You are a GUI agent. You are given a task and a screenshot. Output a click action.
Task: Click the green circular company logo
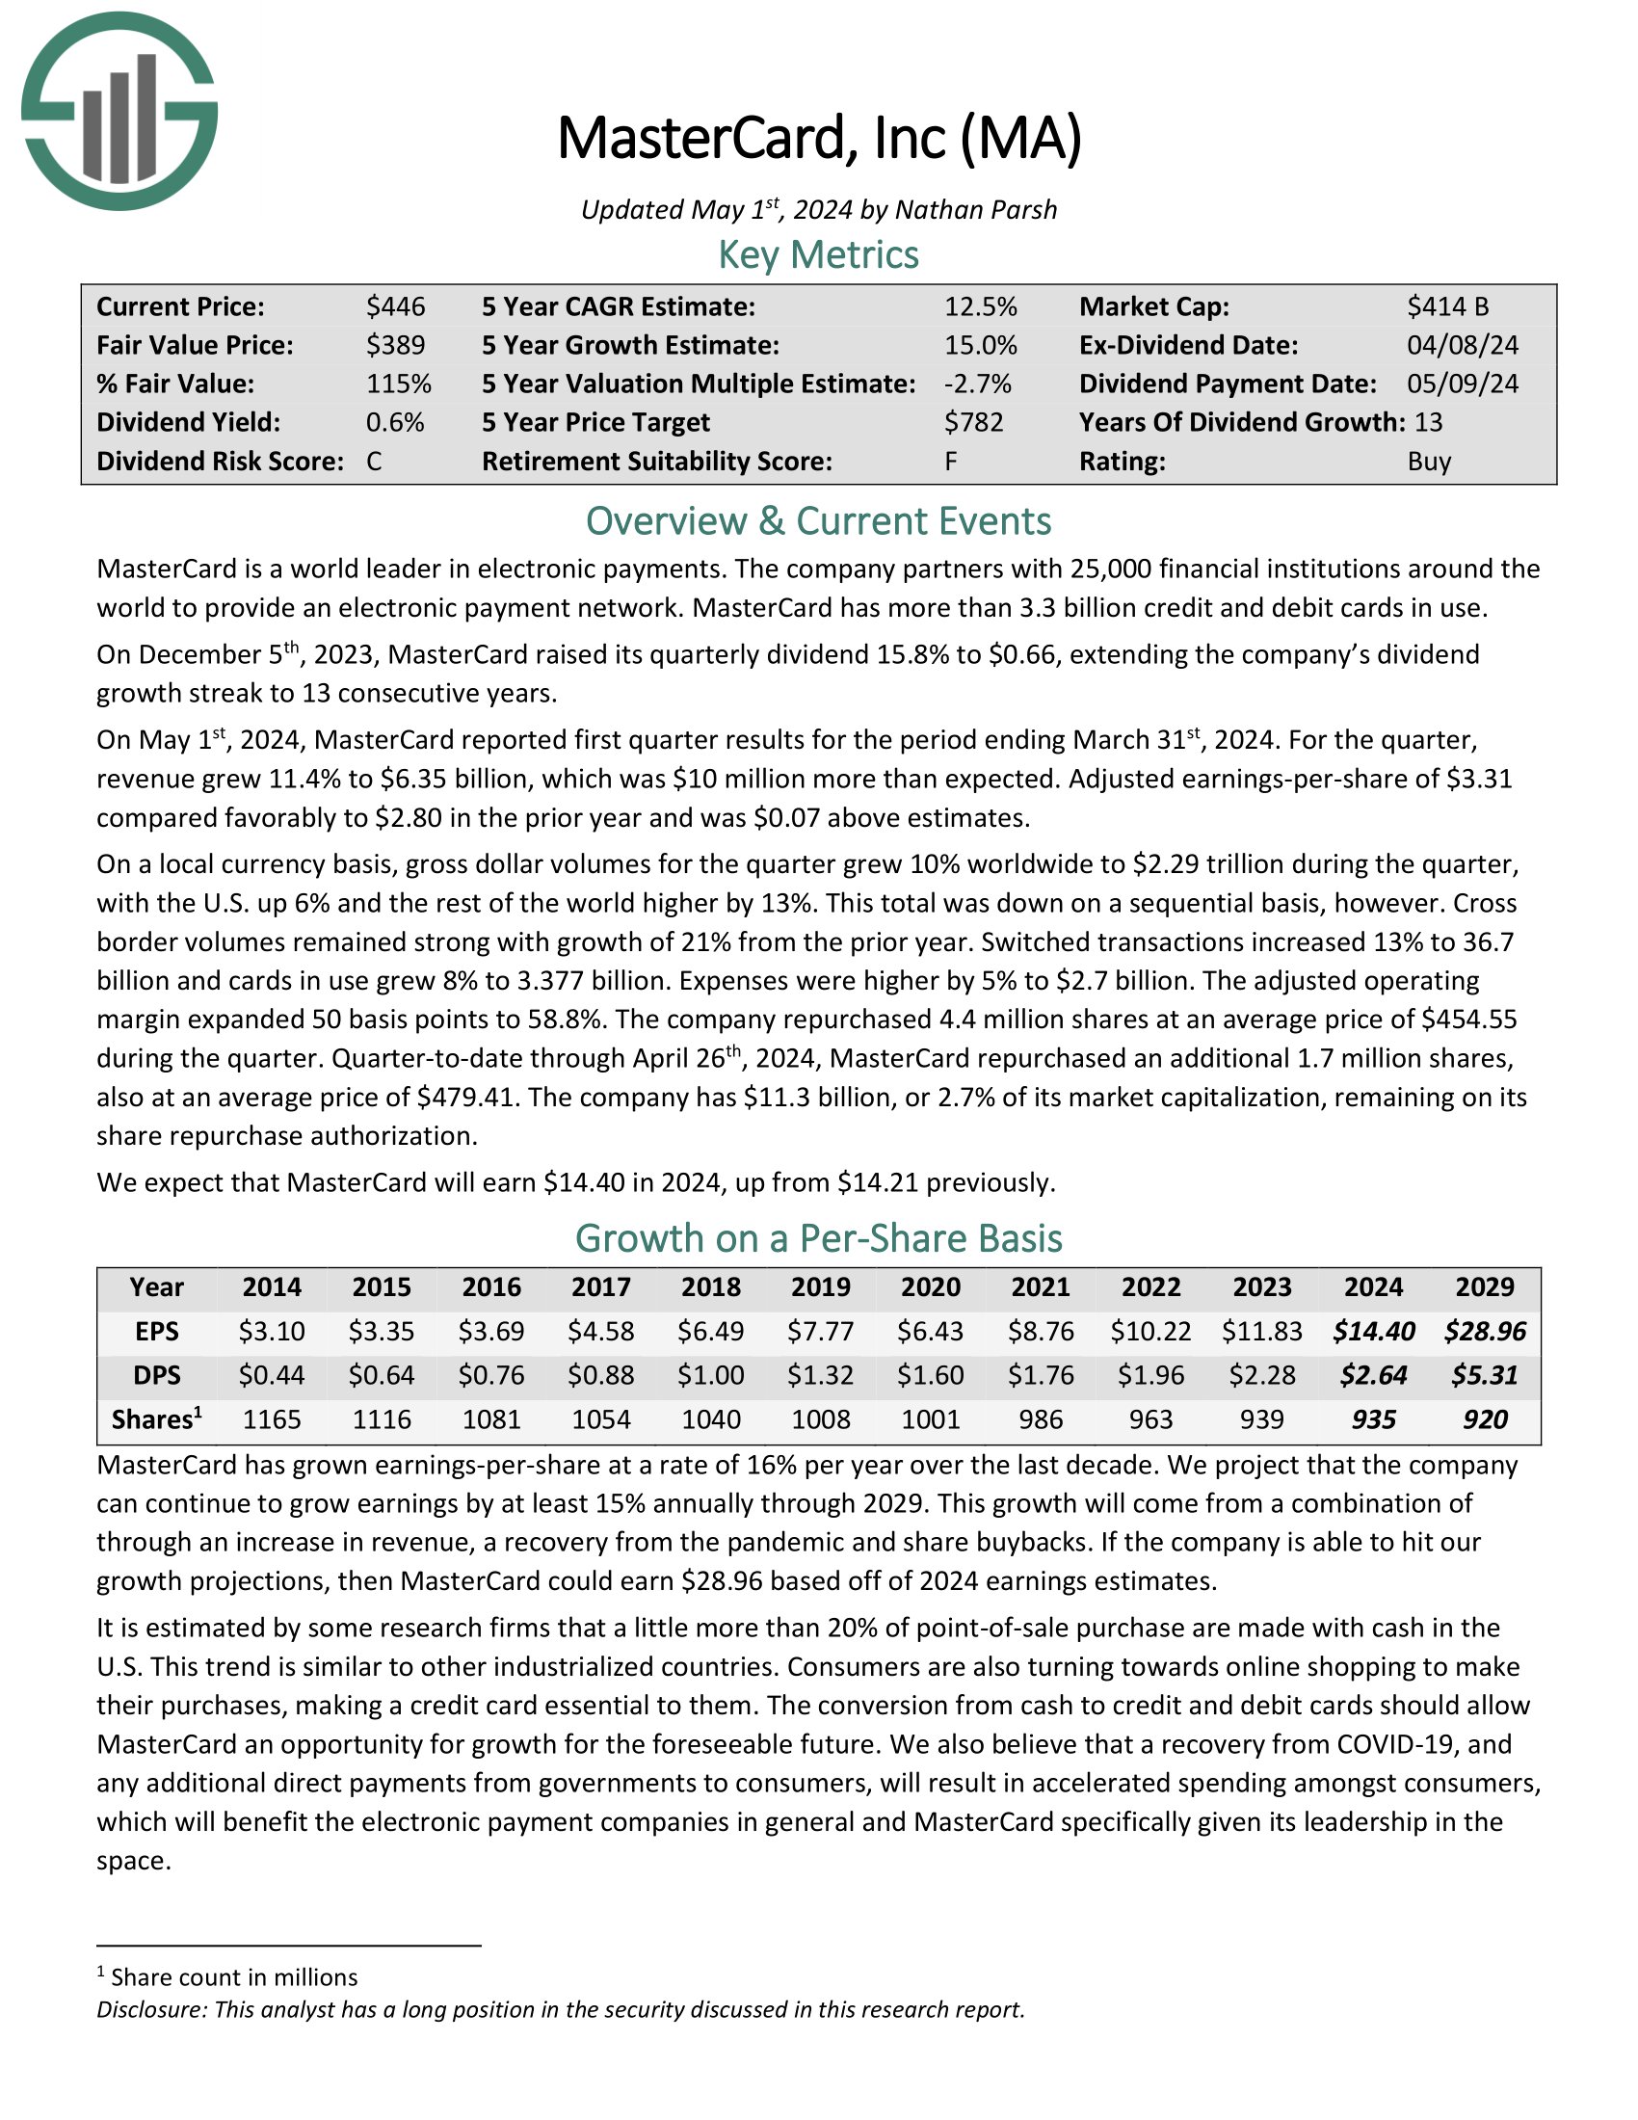click(x=119, y=111)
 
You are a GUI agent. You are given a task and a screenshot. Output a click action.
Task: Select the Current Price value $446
click(x=395, y=306)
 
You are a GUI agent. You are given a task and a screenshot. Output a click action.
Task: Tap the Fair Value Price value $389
click(x=395, y=346)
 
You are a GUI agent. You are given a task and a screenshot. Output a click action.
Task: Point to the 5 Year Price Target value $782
click(x=973, y=422)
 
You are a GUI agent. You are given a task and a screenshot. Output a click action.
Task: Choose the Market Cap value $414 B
click(x=1447, y=306)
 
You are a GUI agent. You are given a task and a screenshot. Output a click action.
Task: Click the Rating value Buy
click(x=1428, y=461)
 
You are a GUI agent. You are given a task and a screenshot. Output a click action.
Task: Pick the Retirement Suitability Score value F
click(x=951, y=461)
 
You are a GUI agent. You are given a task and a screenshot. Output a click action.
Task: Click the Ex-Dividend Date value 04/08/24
click(x=1463, y=346)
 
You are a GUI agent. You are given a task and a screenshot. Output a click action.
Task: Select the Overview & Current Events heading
click(x=818, y=521)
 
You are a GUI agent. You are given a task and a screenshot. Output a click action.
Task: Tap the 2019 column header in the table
click(x=821, y=1287)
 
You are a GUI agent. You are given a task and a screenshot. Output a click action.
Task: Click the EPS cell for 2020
click(x=931, y=1331)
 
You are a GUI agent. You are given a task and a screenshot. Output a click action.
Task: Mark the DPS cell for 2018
click(x=711, y=1375)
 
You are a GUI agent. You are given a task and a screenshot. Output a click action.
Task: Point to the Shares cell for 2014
click(x=272, y=1419)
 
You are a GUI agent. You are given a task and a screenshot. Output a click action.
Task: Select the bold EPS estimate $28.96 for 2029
click(x=1485, y=1331)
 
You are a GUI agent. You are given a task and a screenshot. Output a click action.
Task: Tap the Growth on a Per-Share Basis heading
click(x=818, y=1238)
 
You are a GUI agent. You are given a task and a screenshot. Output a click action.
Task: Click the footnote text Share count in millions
click(x=234, y=1977)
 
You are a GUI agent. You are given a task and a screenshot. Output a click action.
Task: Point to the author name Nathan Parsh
click(x=975, y=210)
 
